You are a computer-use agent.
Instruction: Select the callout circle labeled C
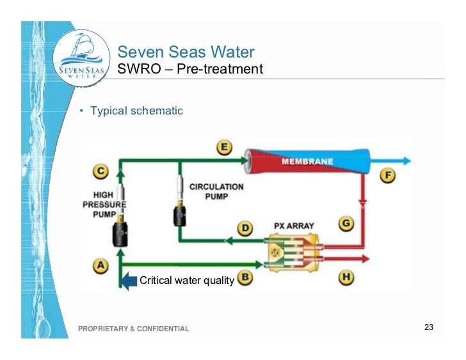click(101, 171)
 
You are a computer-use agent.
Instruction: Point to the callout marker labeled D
click(246, 228)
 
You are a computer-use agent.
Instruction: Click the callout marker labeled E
click(224, 148)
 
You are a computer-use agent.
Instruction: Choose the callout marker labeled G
click(346, 224)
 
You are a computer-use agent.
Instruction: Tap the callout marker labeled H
click(346, 278)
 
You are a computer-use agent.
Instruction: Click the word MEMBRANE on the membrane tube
click(307, 161)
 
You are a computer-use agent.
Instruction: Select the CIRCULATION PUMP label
click(216, 191)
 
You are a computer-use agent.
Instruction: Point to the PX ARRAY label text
click(293, 226)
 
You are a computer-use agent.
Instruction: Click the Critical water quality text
click(186, 280)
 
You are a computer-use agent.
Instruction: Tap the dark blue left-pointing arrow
click(129, 280)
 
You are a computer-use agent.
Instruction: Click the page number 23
click(429, 328)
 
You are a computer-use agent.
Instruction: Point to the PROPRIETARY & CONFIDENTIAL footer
click(133, 329)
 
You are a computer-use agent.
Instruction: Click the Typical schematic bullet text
click(136, 111)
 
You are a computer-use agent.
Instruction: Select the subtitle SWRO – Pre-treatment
click(190, 69)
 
